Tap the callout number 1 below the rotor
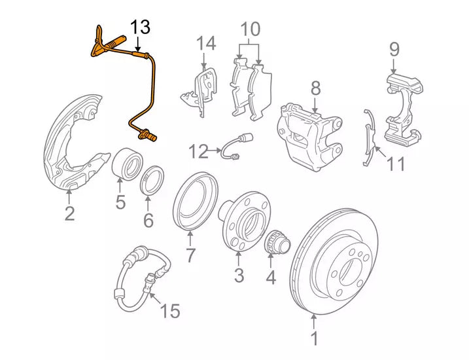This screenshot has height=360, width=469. click(x=314, y=339)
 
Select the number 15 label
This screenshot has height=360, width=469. click(x=169, y=311)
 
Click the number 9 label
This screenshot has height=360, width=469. click(x=394, y=49)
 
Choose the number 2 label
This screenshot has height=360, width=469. click(x=69, y=213)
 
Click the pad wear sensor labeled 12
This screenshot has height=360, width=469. click(x=239, y=147)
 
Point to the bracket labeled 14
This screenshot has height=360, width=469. click(x=201, y=92)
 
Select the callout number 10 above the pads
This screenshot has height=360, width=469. click(x=251, y=29)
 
